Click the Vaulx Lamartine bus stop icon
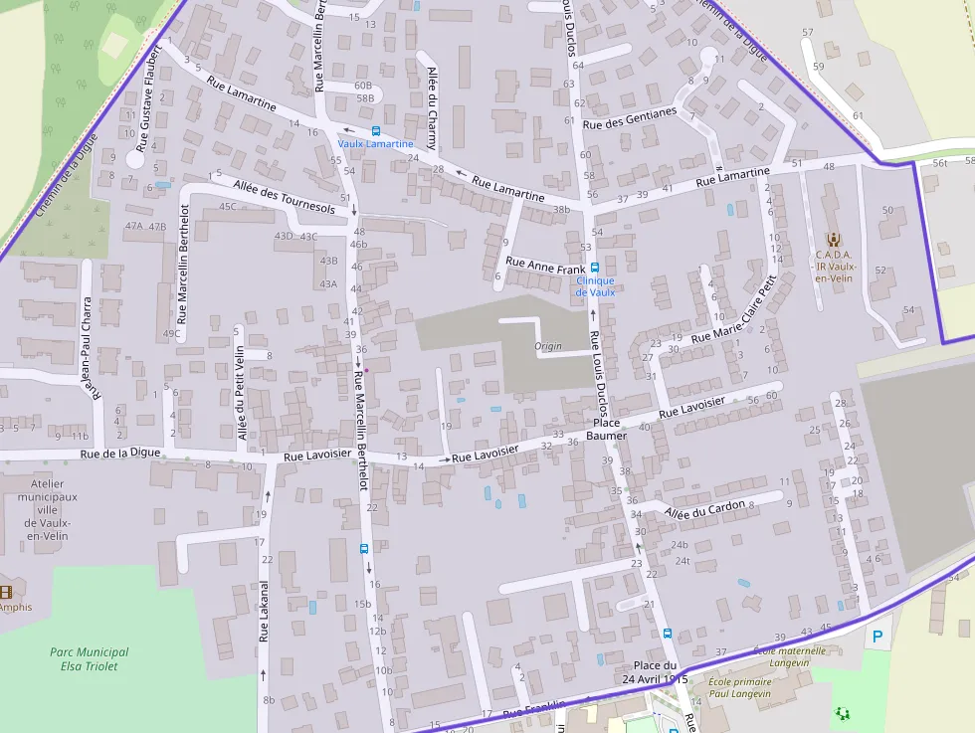coord(375,130)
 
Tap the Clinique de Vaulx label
coord(595,286)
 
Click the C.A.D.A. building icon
coord(833,239)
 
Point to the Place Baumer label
coord(606,430)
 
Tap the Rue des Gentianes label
coord(629,118)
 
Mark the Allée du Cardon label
coord(704,509)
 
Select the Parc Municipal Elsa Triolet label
coord(89,658)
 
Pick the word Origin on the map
coord(548,346)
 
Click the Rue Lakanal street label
coord(264,610)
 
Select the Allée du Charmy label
coord(431,107)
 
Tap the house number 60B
coord(363,86)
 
